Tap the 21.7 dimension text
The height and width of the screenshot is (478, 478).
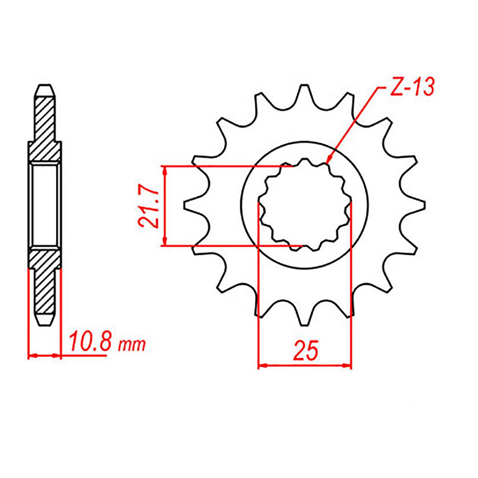point(148,206)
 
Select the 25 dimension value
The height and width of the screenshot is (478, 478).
point(305,351)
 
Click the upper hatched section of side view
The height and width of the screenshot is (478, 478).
point(45,125)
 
